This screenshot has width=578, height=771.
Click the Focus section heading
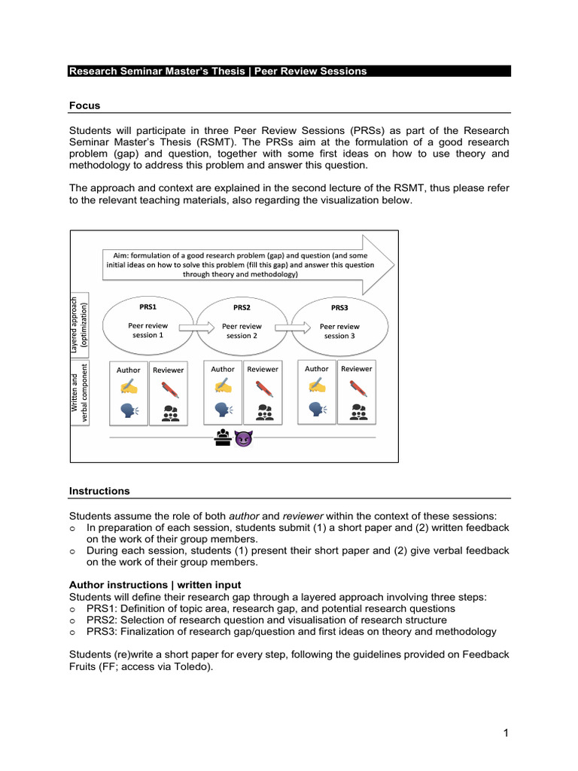tap(84, 105)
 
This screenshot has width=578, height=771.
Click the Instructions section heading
tap(99, 491)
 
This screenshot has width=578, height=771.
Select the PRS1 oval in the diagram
tap(148, 323)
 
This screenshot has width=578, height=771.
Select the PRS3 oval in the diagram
tap(339, 325)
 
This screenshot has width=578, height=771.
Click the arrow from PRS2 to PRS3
tap(291, 327)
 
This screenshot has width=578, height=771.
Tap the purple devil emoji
tap(243, 437)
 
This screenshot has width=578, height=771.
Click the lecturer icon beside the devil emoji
tap(224, 437)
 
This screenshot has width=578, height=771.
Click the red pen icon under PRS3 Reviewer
tap(357, 389)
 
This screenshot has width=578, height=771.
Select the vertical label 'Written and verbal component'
tap(80, 393)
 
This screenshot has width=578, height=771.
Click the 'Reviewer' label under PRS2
tap(263, 369)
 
